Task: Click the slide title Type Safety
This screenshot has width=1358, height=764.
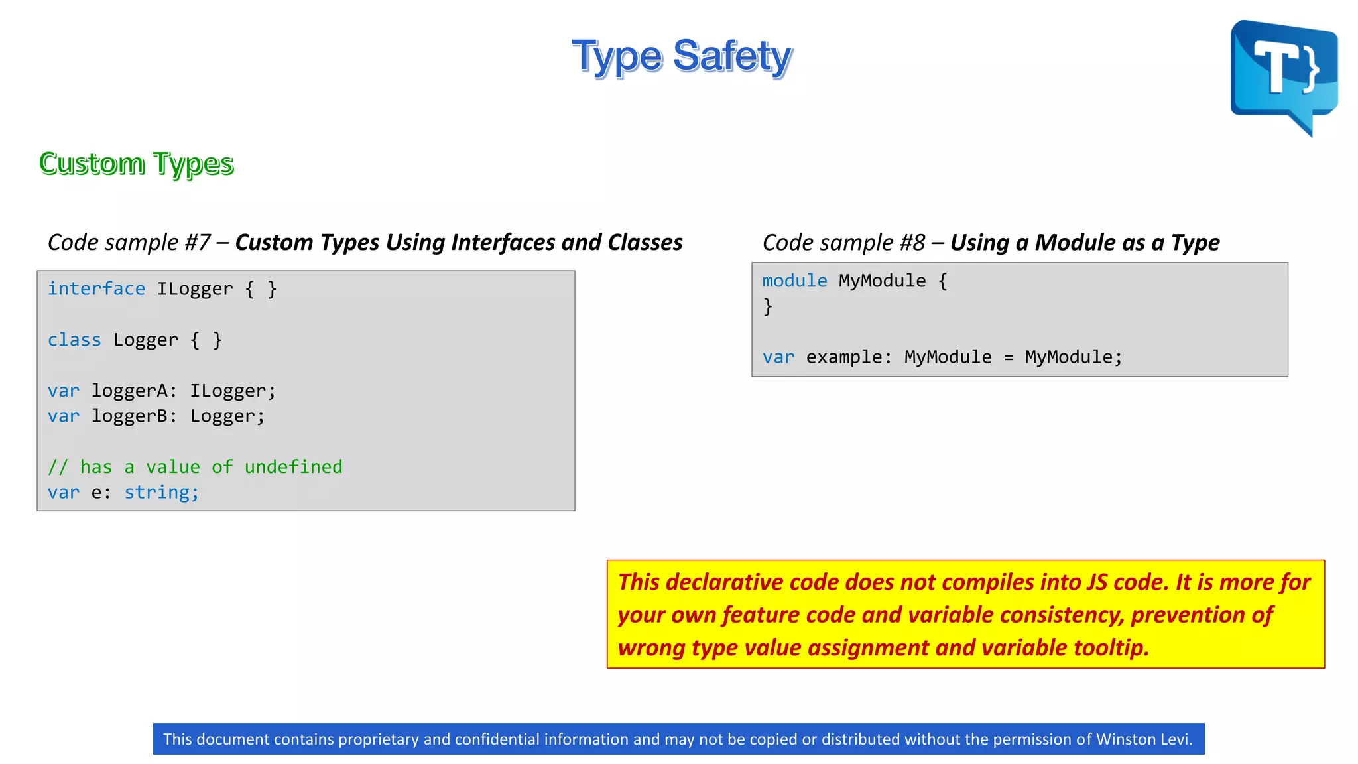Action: (682, 56)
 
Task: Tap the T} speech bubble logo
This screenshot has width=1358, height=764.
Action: (1284, 74)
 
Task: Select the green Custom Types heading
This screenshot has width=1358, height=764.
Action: (137, 164)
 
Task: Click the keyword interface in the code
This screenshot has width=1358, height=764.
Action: (96, 289)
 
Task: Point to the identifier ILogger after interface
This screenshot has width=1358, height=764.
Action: (195, 289)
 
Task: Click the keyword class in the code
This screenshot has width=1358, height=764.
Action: (74, 340)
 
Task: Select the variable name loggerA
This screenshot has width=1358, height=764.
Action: (130, 391)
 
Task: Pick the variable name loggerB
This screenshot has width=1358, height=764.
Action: (130, 416)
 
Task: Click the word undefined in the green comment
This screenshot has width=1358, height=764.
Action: (293, 467)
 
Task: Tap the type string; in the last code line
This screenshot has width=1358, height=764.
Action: (162, 493)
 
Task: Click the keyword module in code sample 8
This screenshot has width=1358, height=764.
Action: (794, 281)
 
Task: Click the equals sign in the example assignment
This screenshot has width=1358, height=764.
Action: (1009, 358)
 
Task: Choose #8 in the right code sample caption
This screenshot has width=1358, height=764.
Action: (912, 243)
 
